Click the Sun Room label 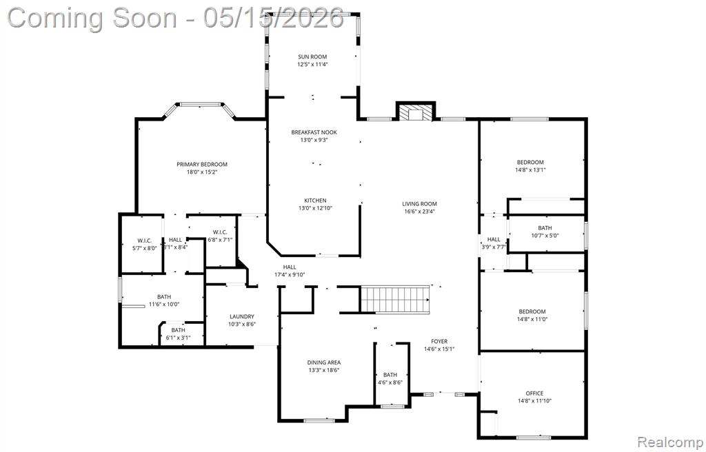pyautogui.click(x=312, y=56)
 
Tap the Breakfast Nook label pyautogui.click(x=314, y=132)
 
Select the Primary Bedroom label pyautogui.click(x=202, y=164)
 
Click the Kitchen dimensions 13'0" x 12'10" pyautogui.click(x=315, y=209)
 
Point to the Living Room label pyautogui.click(x=420, y=204)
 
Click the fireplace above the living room pyautogui.click(x=416, y=112)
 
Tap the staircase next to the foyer pyautogui.click(x=395, y=299)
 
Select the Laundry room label pyautogui.click(x=242, y=316)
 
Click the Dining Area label pyautogui.click(x=324, y=362)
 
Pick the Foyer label pyautogui.click(x=439, y=341)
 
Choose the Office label pyautogui.click(x=534, y=393)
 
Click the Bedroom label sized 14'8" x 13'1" pyautogui.click(x=530, y=162)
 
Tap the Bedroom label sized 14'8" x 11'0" pyautogui.click(x=532, y=311)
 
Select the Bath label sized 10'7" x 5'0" pyautogui.click(x=545, y=228)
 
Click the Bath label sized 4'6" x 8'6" pyautogui.click(x=390, y=375)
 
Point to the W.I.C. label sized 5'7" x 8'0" pyautogui.click(x=145, y=240)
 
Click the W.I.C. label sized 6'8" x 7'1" pyautogui.click(x=220, y=232)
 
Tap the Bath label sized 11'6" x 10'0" pyautogui.click(x=164, y=297)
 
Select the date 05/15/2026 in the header pyautogui.click(x=273, y=18)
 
